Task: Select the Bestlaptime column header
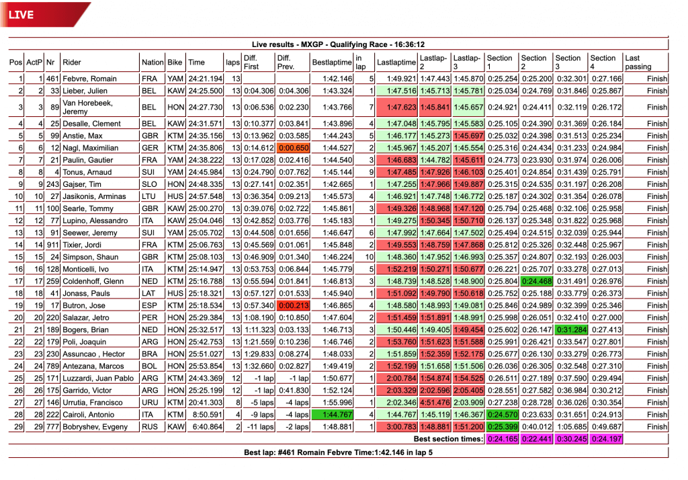tap(332, 63)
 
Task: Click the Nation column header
tap(153, 63)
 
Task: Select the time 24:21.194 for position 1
tap(206, 79)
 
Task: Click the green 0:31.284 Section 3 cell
tap(571, 329)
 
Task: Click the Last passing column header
tap(638, 63)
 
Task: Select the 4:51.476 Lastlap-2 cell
tap(435, 403)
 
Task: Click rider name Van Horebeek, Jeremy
tap(87, 108)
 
